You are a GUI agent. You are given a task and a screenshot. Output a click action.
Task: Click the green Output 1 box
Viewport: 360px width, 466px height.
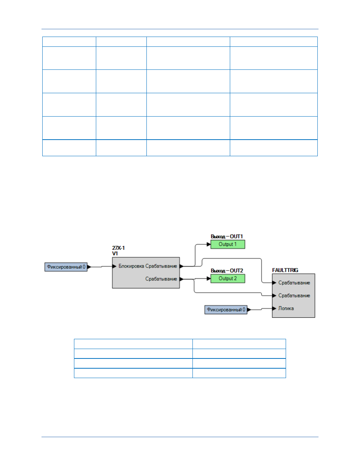(228, 244)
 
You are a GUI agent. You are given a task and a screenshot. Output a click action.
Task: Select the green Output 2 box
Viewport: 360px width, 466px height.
(228, 278)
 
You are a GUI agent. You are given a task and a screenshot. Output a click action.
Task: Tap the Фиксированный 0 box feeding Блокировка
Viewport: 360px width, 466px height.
(66, 267)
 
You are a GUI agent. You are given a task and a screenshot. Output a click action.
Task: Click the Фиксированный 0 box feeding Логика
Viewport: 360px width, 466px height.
(226, 310)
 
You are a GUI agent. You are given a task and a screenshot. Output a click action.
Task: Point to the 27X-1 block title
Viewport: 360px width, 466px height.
(118, 248)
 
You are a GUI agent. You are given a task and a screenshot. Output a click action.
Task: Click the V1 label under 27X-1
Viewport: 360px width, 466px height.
(115, 254)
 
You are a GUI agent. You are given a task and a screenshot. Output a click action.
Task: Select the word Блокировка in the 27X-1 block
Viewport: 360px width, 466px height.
(131, 266)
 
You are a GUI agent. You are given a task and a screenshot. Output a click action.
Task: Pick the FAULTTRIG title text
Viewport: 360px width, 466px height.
(285, 270)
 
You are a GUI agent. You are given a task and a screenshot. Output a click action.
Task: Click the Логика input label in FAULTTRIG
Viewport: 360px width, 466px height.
(286, 308)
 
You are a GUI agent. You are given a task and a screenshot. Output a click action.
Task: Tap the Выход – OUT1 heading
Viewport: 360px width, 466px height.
(227, 236)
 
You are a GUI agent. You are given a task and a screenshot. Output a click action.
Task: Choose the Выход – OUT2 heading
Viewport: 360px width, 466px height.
(227, 271)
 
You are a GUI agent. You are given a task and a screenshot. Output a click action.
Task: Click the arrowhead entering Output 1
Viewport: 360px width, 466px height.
(209, 244)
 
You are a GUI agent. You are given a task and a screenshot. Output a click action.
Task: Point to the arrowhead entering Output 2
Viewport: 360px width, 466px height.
(209, 278)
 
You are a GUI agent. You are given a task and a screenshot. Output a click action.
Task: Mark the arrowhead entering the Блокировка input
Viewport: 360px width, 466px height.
(114, 266)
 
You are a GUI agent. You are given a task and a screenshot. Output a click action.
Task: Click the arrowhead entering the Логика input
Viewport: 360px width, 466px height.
(274, 309)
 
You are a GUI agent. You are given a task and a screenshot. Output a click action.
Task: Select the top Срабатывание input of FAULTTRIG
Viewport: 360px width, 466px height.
(294, 283)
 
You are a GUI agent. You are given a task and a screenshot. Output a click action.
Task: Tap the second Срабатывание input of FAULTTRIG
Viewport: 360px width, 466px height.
(294, 296)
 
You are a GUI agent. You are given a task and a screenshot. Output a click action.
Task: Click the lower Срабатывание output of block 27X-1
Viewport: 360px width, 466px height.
(161, 279)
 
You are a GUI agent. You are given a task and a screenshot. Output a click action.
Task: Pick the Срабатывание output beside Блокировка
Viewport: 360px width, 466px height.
(161, 266)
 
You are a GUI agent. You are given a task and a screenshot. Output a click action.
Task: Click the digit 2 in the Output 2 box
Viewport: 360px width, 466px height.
(235, 278)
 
